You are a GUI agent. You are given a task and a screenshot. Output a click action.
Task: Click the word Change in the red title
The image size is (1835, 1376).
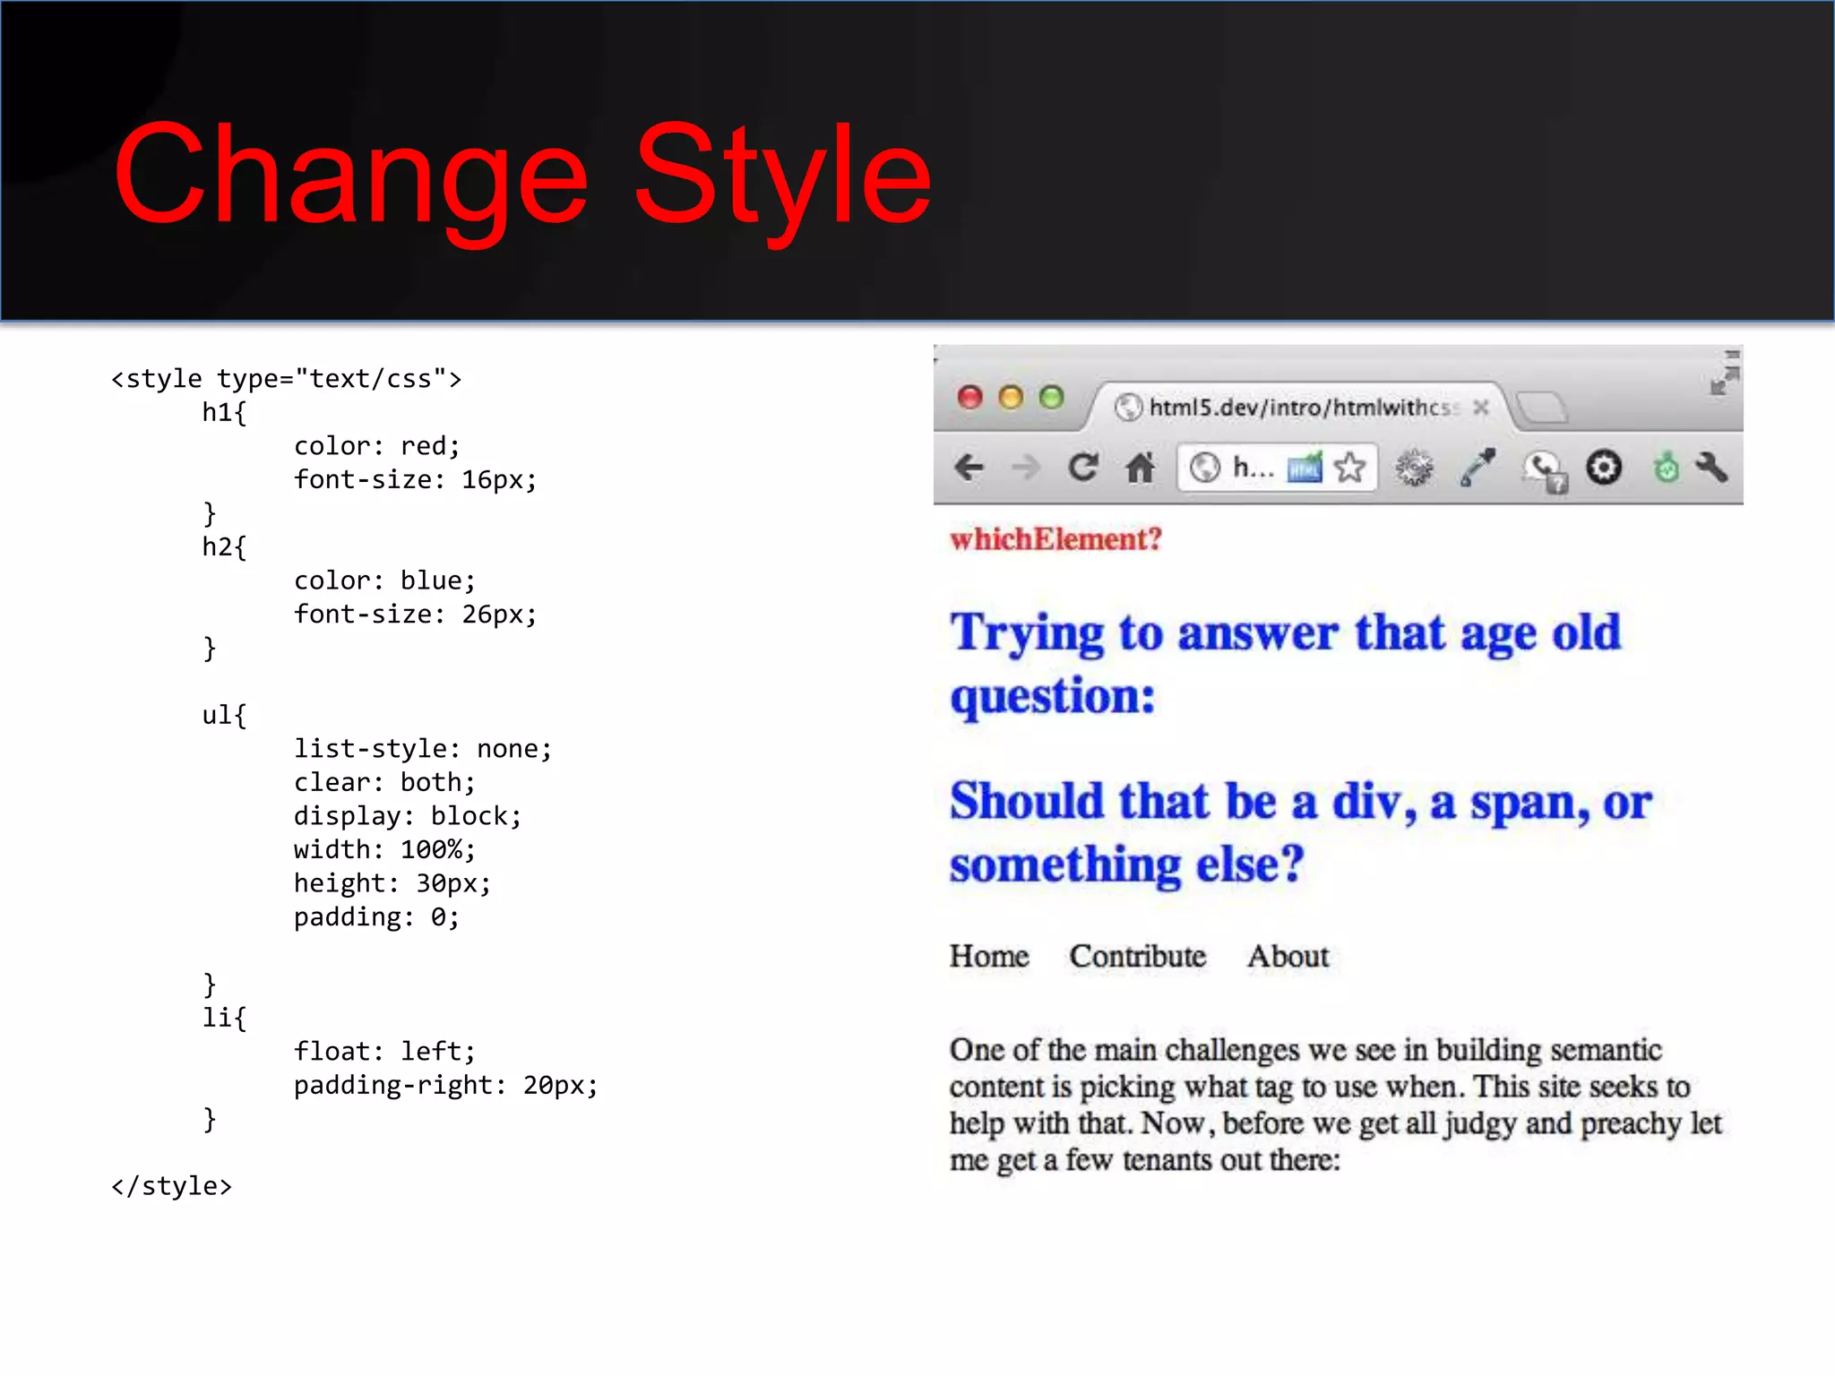(x=350, y=175)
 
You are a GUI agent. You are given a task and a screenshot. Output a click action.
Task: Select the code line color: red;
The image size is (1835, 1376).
(x=376, y=445)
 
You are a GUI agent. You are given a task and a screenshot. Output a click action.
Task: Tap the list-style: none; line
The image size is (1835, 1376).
(x=422, y=748)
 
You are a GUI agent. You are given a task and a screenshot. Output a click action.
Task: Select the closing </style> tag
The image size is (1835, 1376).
(x=171, y=1186)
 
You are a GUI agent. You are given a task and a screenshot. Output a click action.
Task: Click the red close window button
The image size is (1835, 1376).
(x=969, y=397)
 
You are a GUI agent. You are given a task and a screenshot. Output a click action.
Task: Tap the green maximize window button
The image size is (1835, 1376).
(x=1051, y=397)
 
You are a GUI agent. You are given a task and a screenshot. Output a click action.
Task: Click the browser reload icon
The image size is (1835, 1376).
(x=1083, y=467)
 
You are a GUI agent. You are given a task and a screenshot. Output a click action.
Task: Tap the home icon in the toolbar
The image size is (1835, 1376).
(x=1140, y=467)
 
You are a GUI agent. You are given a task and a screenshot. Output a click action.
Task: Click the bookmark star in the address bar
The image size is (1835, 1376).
(x=1349, y=467)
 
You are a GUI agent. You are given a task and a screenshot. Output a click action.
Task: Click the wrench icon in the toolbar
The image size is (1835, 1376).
(x=1711, y=467)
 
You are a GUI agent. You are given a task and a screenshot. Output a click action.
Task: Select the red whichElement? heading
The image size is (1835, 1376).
(x=1055, y=539)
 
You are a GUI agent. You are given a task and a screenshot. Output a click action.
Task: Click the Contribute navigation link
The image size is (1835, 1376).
(x=1137, y=956)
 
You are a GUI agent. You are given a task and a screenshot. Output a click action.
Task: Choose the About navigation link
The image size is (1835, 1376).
(x=1288, y=956)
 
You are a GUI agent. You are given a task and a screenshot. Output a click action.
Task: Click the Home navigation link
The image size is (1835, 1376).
(x=989, y=956)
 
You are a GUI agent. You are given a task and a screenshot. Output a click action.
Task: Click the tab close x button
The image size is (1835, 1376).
(x=1481, y=408)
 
